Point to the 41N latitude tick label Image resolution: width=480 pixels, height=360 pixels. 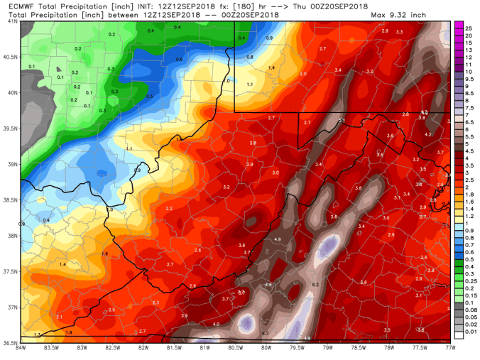[x=12, y=21]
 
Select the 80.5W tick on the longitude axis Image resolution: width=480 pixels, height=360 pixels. [x=236, y=348]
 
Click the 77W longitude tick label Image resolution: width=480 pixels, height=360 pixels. [x=450, y=348]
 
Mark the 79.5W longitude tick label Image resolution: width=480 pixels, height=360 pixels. [x=297, y=348]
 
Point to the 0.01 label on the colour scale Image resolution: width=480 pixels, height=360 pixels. [x=469, y=331]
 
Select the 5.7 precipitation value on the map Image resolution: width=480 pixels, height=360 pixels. [x=264, y=333]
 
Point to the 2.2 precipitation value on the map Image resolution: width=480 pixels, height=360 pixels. [x=169, y=208]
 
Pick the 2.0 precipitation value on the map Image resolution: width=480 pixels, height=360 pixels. [x=303, y=74]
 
